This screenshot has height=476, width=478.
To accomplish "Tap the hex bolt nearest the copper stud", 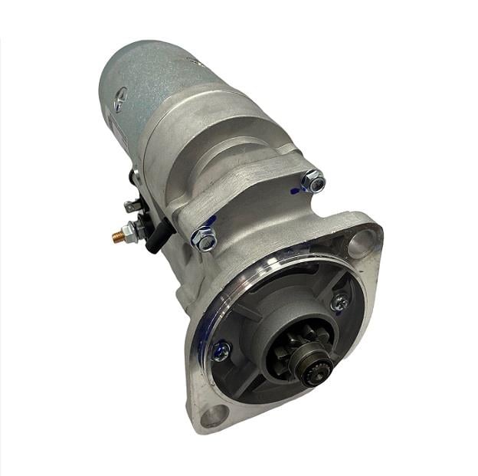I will tap(203, 238).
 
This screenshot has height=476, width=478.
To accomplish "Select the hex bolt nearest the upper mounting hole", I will tap(313, 182).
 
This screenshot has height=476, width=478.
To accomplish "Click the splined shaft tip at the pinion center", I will tap(316, 373).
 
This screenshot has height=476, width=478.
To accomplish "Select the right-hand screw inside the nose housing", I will tap(339, 302).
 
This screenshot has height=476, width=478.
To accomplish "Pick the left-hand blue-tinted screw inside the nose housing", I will tap(220, 352).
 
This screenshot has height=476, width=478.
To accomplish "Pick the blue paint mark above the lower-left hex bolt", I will tap(211, 221).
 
